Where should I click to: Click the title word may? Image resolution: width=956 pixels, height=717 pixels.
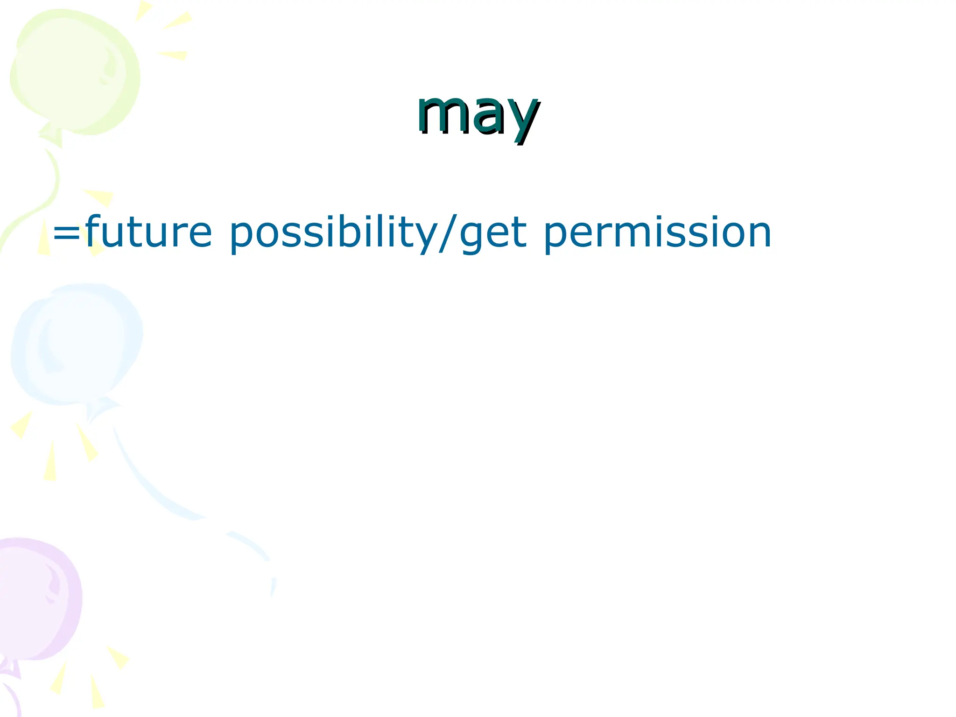478,114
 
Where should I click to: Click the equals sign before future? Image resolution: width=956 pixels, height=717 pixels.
67,233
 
